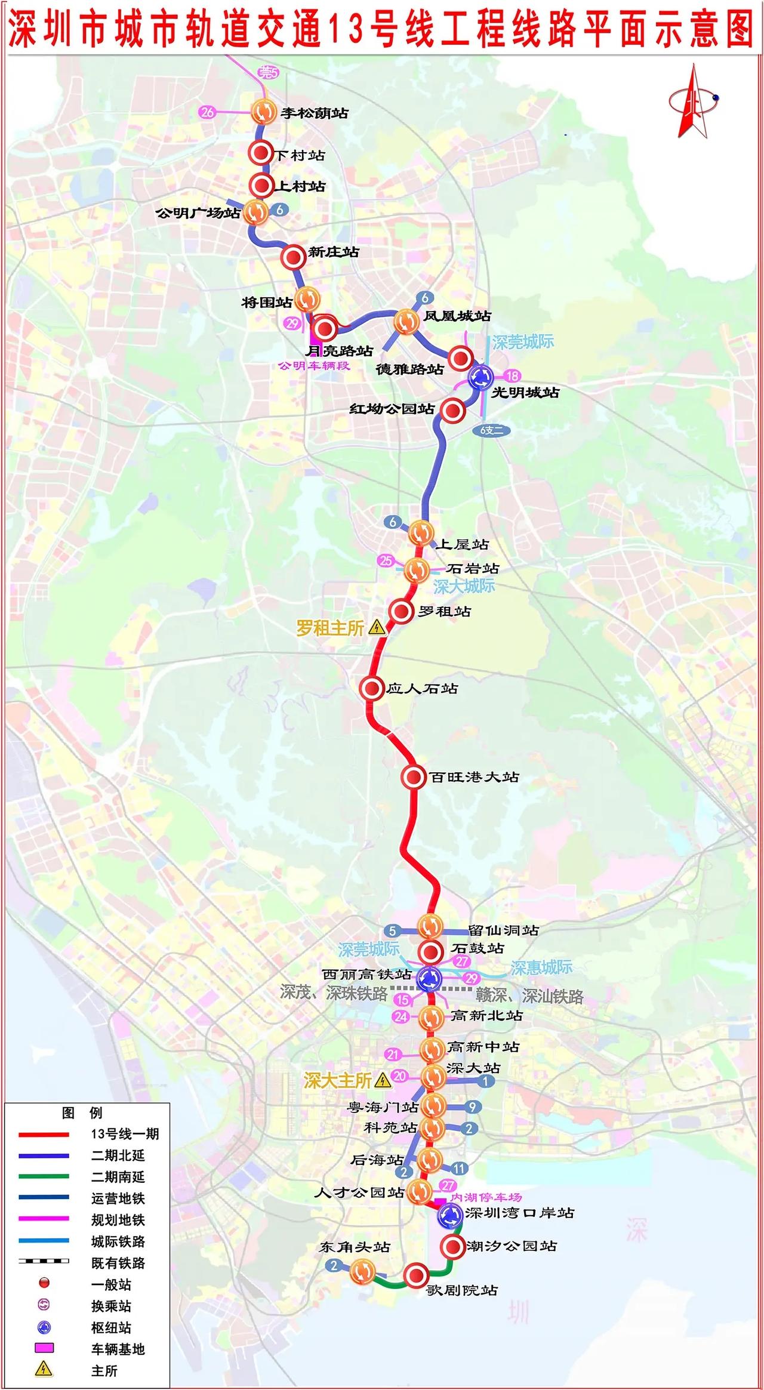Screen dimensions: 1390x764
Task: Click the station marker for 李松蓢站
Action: point(263,111)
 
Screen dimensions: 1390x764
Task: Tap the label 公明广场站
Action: point(198,213)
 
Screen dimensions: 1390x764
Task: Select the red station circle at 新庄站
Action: point(293,257)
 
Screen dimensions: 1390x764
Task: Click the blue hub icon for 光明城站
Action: point(480,377)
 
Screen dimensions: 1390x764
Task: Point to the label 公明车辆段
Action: point(314,366)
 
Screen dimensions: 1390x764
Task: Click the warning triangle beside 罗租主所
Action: point(377,627)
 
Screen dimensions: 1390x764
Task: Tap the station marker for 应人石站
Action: point(371,688)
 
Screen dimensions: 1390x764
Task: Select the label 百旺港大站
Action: point(474,777)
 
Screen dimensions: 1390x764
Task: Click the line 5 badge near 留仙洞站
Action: point(392,930)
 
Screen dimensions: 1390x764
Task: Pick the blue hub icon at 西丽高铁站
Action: point(429,978)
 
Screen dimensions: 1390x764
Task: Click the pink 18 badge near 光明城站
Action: point(512,375)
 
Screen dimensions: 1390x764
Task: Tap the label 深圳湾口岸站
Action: point(519,1213)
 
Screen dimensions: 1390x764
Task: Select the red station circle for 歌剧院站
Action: point(415,1275)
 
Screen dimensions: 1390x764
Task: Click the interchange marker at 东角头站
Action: point(362,1271)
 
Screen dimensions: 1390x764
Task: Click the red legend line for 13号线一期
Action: point(44,1134)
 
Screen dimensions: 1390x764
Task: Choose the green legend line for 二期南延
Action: point(44,1177)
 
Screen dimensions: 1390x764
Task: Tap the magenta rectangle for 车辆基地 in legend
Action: point(44,1348)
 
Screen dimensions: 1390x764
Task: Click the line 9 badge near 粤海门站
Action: point(472,1107)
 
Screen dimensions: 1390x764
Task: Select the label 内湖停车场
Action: point(486,1197)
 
